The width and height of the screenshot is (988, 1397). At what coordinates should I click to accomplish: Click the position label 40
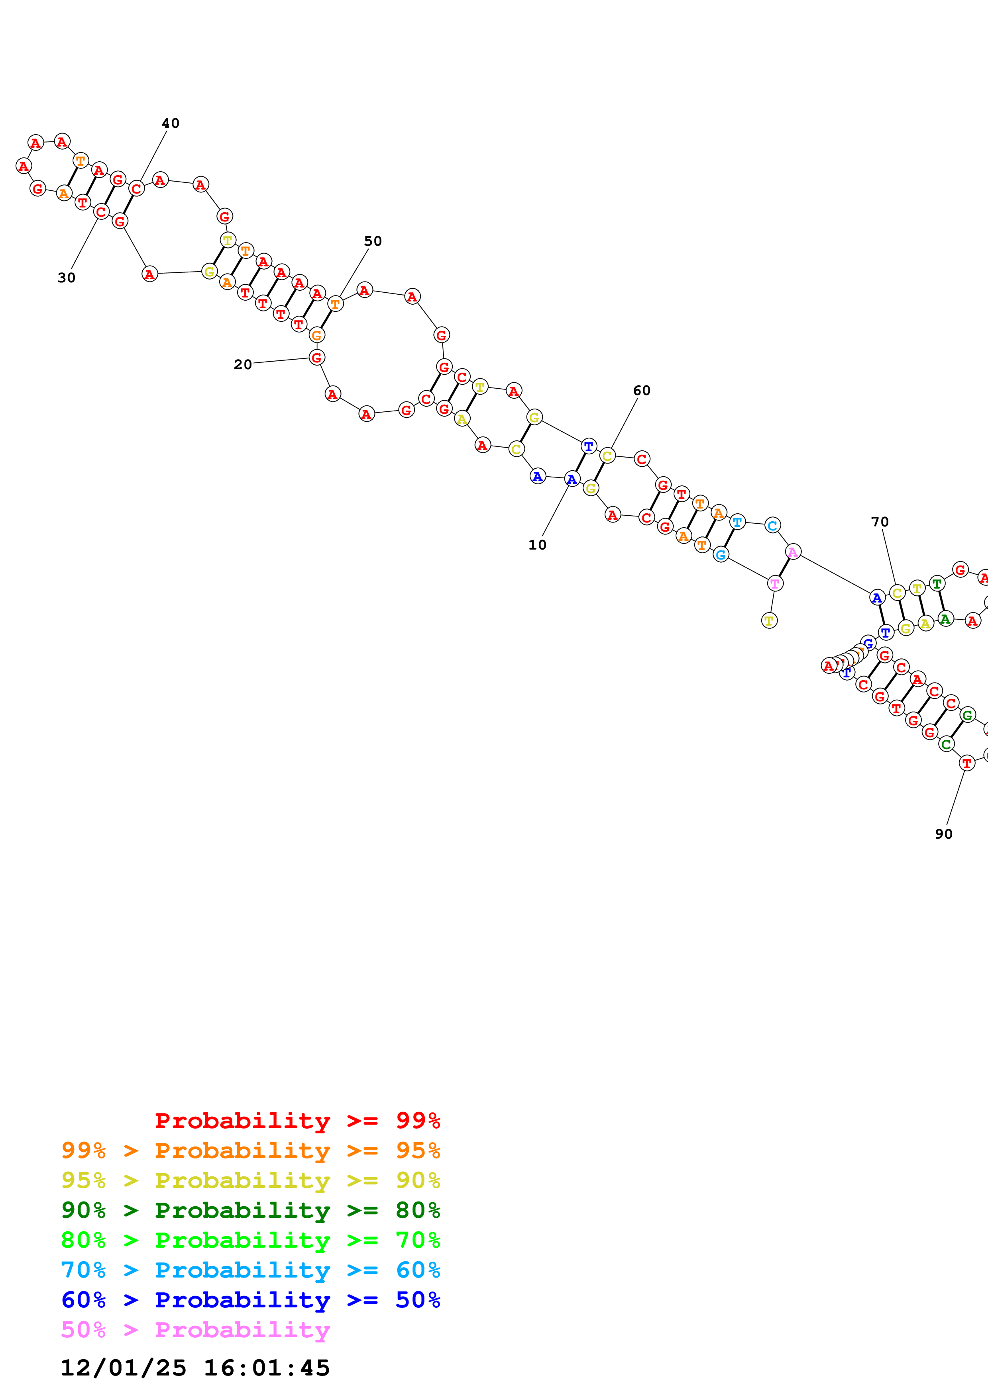click(x=171, y=123)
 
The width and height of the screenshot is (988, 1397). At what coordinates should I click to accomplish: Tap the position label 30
click(x=66, y=278)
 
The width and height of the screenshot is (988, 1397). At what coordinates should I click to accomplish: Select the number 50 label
click(x=373, y=242)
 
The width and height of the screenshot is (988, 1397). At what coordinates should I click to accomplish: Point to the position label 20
click(x=243, y=364)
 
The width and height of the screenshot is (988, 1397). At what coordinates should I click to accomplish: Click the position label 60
click(x=642, y=391)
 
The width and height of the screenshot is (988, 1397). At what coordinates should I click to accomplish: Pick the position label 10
click(x=537, y=545)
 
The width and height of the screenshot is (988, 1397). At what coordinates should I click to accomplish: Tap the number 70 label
click(x=880, y=522)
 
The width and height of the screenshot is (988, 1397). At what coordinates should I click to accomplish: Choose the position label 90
click(x=943, y=834)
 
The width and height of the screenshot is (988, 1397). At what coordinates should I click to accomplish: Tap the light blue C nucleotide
click(x=772, y=525)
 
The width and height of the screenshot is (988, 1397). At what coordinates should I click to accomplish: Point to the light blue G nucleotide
click(x=721, y=554)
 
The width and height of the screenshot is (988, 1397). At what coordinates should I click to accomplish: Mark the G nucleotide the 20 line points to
click(x=316, y=357)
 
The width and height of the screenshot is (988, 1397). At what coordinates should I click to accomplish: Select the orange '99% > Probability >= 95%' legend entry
click(x=251, y=1150)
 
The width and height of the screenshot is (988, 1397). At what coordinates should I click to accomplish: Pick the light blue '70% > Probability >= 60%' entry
click(x=251, y=1270)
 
